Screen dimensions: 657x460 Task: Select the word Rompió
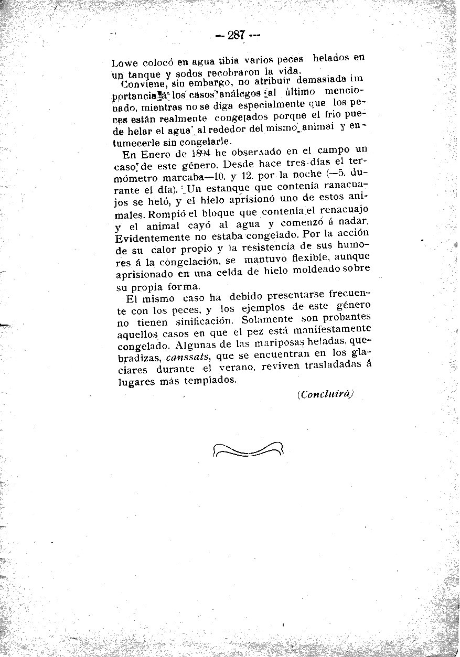(167, 214)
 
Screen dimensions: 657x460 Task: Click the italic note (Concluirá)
(325, 394)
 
